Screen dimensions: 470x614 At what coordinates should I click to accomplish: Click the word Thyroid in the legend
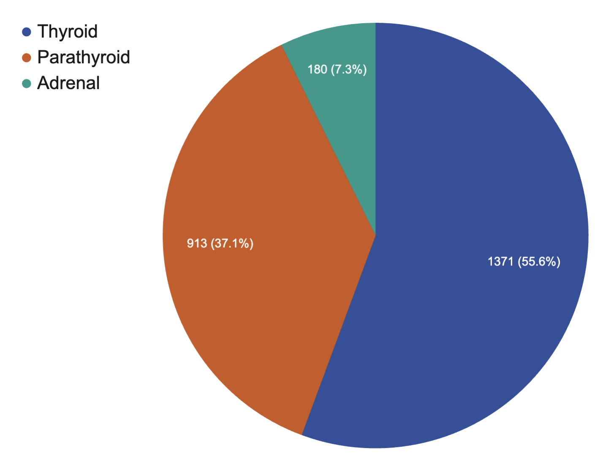pyautogui.click(x=68, y=32)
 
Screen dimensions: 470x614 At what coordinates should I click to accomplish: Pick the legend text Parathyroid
pyautogui.click(x=84, y=57)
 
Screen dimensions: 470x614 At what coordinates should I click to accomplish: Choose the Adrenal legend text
pyautogui.click(x=68, y=83)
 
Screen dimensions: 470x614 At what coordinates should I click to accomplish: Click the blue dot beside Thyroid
pyautogui.click(x=27, y=32)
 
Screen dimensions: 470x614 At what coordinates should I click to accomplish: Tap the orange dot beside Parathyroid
pyautogui.click(x=27, y=58)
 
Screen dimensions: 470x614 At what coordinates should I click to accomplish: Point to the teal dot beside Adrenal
pyautogui.click(x=27, y=84)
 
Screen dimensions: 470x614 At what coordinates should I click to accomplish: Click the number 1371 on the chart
pyautogui.click(x=500, y=262)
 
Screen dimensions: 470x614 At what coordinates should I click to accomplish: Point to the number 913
pyautogui.click(x=197, y=243)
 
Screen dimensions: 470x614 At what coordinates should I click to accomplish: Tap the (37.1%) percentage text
pyautogui.click(x=232, y=243)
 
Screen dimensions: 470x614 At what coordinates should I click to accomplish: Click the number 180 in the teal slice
pyautogui.click(x=317, y=69)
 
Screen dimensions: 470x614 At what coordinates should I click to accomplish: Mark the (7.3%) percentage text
pyautogui.click(x=349, y=69)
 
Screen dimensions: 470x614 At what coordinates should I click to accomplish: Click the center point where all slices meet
pyautogui.click(x=375, y=235)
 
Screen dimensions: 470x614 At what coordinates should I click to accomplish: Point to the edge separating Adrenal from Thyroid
pyautogui.click(x=375, y=127)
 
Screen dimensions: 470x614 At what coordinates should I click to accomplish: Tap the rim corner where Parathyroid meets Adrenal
pyautogui.click(x=282, y=45)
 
